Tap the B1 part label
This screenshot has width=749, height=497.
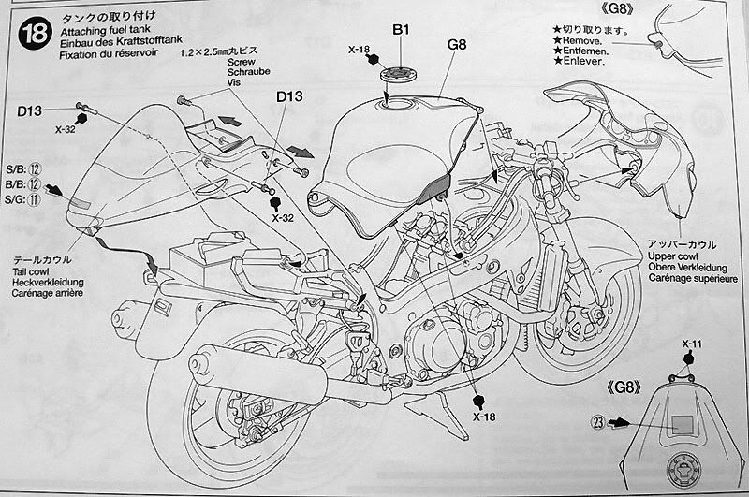402,30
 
